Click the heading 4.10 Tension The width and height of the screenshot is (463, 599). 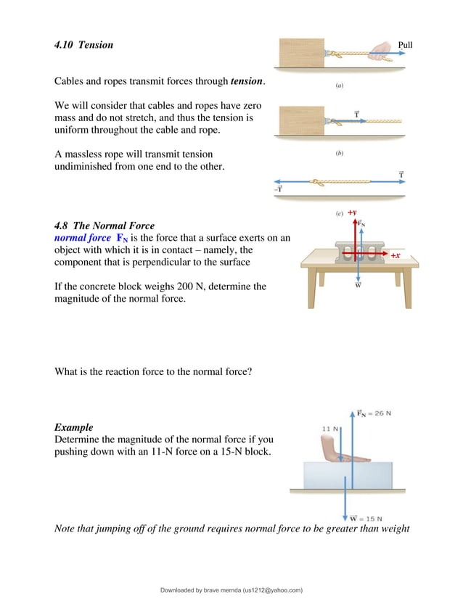coord(84,45)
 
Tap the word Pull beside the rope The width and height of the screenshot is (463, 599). coord(406,45)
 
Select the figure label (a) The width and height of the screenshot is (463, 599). coord(339,86)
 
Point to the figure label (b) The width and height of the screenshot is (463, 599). coord(339,154)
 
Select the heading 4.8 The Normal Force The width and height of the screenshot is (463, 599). coord(105,226)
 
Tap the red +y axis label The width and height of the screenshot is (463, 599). coord(352,212)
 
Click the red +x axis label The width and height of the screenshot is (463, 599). coord(396,256)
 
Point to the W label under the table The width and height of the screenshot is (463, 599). coord(358,285)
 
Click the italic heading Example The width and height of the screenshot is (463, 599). coord(74,427)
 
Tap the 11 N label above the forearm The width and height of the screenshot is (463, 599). coord(330,429)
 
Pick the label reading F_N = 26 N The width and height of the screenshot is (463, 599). coord(374,413)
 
